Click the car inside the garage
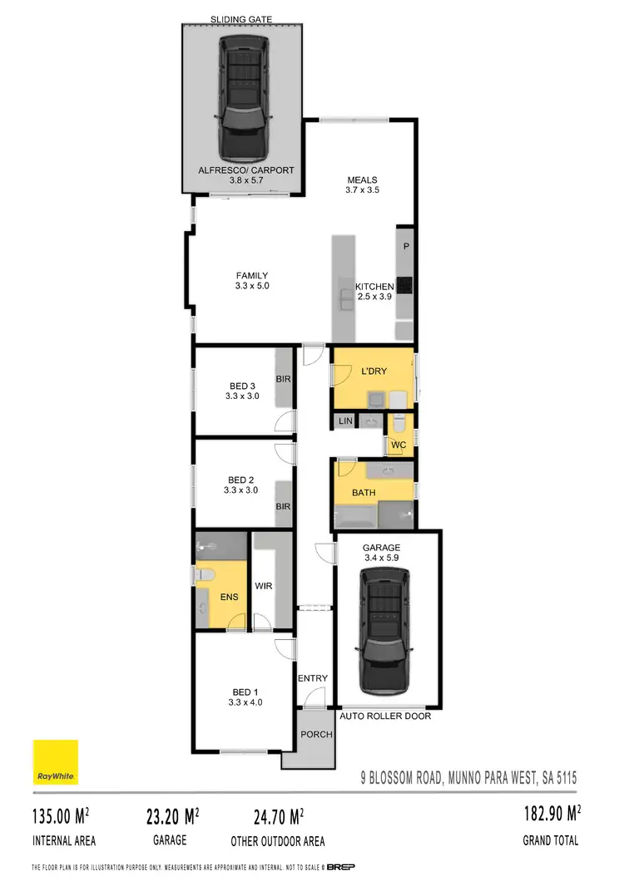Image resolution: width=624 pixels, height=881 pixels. [384, 637]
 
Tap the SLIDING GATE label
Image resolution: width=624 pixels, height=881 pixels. [242, 18]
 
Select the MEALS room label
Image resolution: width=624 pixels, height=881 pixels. [362, 180]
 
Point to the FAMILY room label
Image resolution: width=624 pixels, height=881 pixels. [252, 276]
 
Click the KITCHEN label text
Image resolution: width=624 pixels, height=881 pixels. [374, 287]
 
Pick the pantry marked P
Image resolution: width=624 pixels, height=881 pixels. [406, 247]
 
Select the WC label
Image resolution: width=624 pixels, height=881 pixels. [399, 445]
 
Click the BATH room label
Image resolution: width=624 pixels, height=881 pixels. [364, 493]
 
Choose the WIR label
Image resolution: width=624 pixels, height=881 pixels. [265, 585]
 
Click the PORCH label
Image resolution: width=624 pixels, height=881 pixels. [317, 735]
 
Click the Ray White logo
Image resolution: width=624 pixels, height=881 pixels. [56, 761]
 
